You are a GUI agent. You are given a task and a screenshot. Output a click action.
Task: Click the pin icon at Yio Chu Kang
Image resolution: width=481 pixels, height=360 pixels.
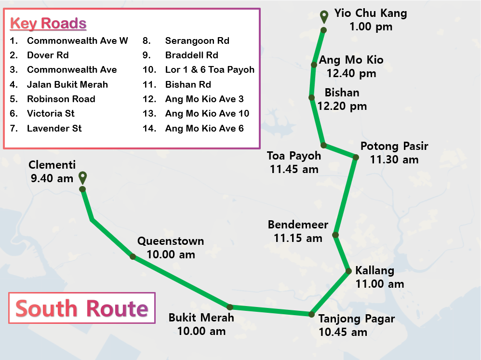point(325,16)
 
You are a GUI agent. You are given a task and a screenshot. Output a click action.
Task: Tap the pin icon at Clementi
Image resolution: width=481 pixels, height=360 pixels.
point(82,177)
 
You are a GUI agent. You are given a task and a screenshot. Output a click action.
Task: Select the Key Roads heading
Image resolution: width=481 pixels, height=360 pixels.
point(48,23)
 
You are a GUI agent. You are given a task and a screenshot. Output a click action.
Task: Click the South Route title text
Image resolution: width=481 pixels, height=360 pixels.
point(81,308)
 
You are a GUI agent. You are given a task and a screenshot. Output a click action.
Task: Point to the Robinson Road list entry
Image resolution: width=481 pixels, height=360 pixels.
point(61,99)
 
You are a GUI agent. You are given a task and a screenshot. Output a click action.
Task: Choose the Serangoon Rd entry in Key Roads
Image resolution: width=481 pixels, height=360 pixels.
point(197,41)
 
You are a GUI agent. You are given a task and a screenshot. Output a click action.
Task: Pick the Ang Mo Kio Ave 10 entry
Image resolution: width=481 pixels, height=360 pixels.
point(207,114)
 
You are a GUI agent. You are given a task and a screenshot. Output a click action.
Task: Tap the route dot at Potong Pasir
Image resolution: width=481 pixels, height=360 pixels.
point(356,157)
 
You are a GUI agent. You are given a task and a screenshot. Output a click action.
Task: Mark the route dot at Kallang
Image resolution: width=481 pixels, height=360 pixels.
point(348,272)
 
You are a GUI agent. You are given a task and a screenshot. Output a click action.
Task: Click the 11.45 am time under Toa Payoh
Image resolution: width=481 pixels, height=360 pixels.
point(294,169)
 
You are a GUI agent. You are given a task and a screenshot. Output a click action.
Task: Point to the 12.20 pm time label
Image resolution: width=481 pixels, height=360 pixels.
point(342,106)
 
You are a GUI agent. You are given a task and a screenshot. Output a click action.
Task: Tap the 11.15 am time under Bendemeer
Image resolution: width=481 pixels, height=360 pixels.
point(298,238)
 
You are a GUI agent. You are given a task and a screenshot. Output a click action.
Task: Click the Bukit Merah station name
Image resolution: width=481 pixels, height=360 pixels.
point(201,318)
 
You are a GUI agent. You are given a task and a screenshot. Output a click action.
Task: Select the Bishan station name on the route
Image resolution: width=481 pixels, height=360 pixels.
point(342,93)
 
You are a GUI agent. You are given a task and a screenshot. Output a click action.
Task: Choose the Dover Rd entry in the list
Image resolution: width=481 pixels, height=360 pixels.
point(48,55)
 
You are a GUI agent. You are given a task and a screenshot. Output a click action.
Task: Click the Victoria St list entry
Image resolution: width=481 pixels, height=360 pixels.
point(51,114)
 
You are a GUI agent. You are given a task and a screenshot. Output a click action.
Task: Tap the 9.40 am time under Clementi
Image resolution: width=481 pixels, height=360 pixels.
point(52,179)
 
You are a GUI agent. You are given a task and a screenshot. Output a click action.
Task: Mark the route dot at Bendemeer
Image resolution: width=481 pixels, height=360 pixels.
point(335,235)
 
